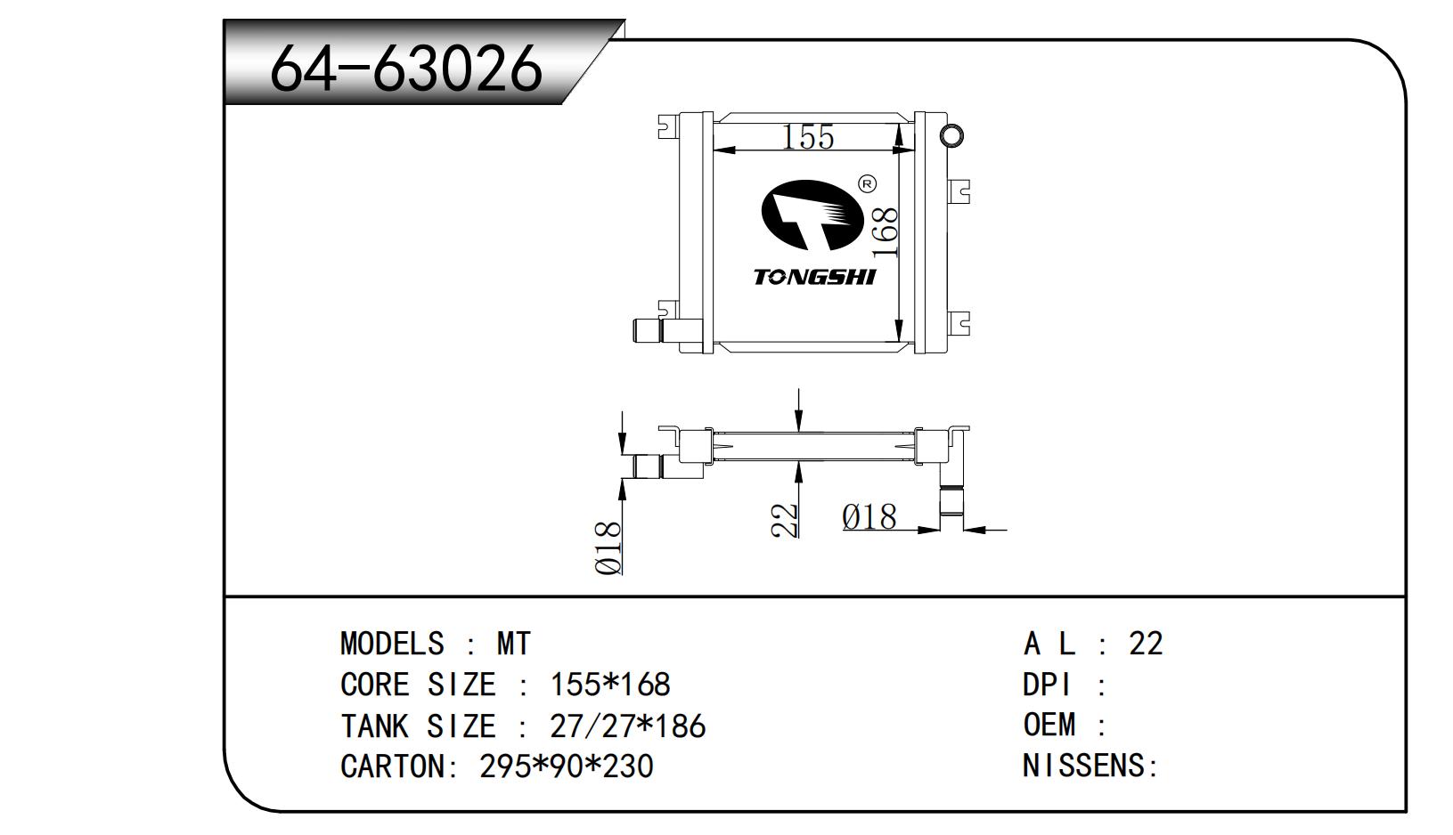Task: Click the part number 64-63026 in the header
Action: (406, 68)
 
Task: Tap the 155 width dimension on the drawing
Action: (808, 137)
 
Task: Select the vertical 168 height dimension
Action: (885, 232)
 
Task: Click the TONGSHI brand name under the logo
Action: (815, 278)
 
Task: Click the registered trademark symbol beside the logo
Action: (868, 185)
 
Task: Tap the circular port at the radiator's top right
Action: (951, 136)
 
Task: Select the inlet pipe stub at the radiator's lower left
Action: (649, 331)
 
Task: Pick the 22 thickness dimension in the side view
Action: (785, 521)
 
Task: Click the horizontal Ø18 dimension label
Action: (869, 517)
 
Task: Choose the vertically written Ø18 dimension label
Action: (608, 548)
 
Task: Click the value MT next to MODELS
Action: (514, 644)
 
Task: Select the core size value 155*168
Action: (610, 685)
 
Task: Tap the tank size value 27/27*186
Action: (628, 726)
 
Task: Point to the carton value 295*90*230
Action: (567, 766)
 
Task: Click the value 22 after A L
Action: (1147, 644)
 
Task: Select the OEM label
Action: (1049, 725)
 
